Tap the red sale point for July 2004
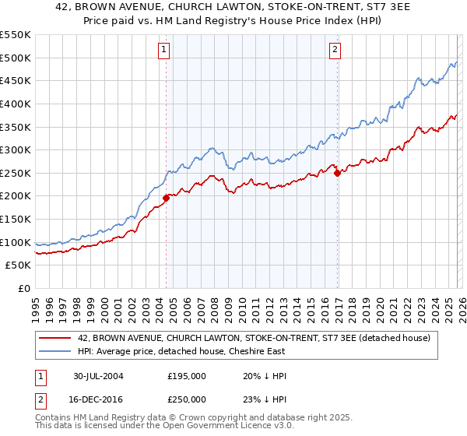[x=167, y=198]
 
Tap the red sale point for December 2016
[x=337, y=173]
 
